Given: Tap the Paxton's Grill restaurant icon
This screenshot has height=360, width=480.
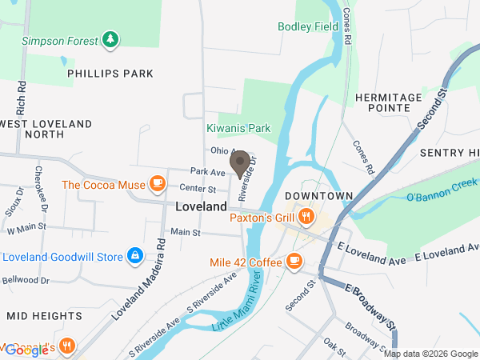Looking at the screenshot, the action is (306, 216).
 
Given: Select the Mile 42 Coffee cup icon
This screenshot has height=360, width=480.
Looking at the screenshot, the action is (294, 261).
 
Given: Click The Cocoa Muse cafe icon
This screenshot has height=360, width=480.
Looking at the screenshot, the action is (157, 185).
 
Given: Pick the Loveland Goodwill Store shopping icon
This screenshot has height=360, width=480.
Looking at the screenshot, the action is (136, 257).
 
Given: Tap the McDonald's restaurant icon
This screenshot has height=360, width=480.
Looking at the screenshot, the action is (68, 346).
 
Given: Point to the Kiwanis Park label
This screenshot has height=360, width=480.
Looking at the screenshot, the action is (239, 128).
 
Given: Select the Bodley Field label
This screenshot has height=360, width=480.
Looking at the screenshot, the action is (308, 26).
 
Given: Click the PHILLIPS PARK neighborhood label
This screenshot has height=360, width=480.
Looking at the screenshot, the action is (110, 74).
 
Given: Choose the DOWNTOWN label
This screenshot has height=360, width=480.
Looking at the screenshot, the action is (318, 196).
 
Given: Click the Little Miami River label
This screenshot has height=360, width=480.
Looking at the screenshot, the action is (237, 306).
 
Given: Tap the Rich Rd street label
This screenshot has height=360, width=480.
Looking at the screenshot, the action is (18, 94).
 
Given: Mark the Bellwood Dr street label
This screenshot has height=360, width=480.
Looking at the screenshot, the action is (27, 281).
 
